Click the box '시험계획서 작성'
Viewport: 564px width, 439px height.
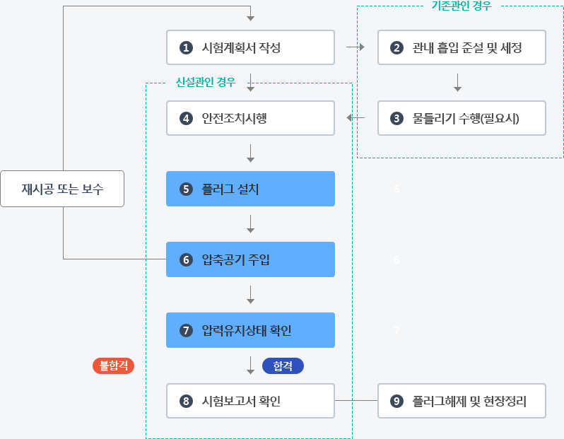pyautogui.click(x=250, y=47)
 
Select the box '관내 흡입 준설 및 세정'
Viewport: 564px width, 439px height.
pyautogui.click(x=462, y=47)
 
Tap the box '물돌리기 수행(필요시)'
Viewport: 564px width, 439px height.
pyautogui.click(x=462, y=118)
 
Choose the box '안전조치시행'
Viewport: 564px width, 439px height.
pyautogui.click(x=250, y=118)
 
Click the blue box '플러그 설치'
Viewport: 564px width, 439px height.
pyautogui.click(x=250, y=189)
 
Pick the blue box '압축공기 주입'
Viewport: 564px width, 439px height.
pyautogui.click(x=250, y=259)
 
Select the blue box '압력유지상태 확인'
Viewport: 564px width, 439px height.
pyautogui.click(x=250, y=330)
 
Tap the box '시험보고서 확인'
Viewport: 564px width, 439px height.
pyautogui.click(x=250, y=401)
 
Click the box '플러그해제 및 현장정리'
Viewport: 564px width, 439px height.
pyautogui.click(x=462, y=401)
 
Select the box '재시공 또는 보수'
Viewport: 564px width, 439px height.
pyautogui.click(x=62, y=189)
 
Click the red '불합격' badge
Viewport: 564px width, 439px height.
pyautogui.click(x=113, y=366)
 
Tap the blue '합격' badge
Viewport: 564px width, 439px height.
pyautogui.click(x=283, y=366)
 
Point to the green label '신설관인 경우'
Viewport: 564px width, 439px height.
pyautogui.click(x=206, y=83)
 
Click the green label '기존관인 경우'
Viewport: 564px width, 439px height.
pyautogui.click(x=462, y=6)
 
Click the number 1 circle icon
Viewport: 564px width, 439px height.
pyautogui.click(x=186, y=47)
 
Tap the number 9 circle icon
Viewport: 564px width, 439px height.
pyautogui.click(x=396, y=401)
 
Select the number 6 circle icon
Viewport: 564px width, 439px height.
pyautogui.click(x=186, y=259)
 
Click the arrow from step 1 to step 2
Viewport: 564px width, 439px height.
pyautogui.click(x=356, y=47)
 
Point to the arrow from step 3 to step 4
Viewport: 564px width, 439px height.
pyautogui.click(x=356, y=117)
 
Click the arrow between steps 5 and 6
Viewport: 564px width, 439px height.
pyautogui.click(x=251, y=224)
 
